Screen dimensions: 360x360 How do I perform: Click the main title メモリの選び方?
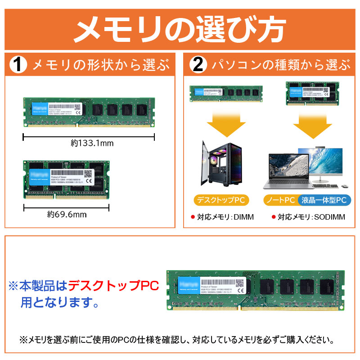(180, 30)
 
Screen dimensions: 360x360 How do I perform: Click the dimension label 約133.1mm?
(91, 144)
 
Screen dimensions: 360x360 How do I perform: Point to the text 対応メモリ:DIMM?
(222, 217)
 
